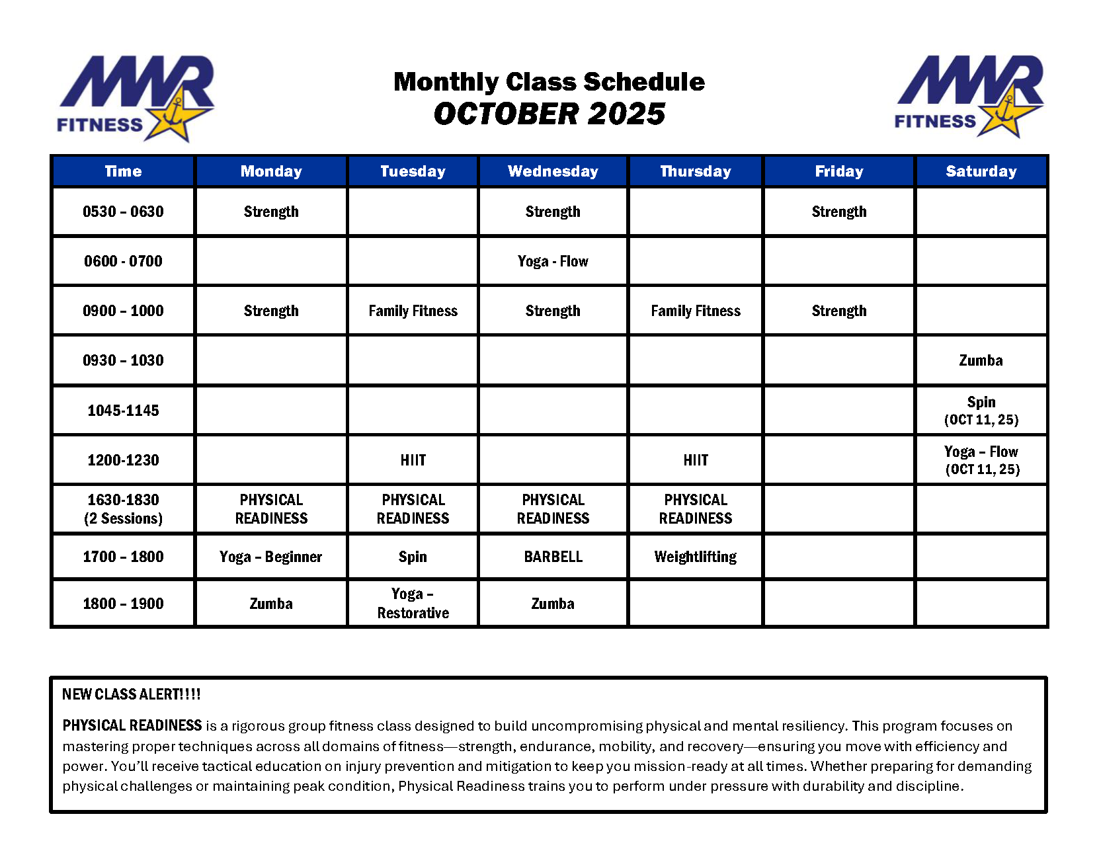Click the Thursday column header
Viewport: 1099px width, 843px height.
(x=695, y=171)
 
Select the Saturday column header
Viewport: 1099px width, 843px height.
(x=981, y=171)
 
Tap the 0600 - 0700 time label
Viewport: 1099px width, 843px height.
(x=123, y=261)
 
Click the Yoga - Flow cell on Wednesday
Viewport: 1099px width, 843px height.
(x=553, y=261)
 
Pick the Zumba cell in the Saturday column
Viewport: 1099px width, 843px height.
(x=981, y=360)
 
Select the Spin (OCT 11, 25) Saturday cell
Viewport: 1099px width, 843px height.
(x=981, y=411)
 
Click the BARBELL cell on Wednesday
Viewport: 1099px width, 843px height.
(x=553, y=557)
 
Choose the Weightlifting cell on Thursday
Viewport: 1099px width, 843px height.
(x=695, y=557)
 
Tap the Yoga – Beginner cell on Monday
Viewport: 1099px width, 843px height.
(x=270, y=557)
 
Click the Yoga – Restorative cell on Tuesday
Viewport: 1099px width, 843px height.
(x=413, y=603)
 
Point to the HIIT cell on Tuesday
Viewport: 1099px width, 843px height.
(x=413, y=460)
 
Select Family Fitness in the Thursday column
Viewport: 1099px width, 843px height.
(x=695, y=311)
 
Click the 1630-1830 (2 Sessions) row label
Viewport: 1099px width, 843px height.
(x=123, y=509)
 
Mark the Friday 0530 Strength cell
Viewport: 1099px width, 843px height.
(x=838, y=212)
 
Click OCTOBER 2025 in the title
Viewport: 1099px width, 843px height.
(x=549, y=114)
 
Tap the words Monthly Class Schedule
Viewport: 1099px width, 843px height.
(x=549, y=82)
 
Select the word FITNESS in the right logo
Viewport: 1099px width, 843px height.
(x=934, y=122)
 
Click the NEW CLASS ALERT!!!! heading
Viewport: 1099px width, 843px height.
(x=131, y=694)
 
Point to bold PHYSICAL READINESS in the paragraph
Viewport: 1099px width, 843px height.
(x=132, y=725)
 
